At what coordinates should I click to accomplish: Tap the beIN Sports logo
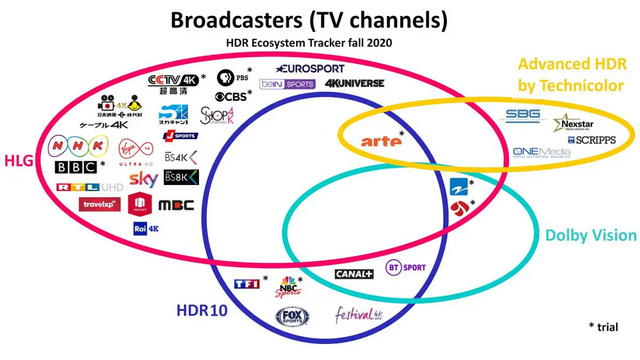(x=287, y=84)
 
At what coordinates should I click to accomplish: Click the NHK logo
(x=78, y=144)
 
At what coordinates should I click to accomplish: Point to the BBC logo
(x=76, y=167)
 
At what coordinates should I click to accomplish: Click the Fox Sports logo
(x=293, y=316)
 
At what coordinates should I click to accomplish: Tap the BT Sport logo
(x=406, y=268)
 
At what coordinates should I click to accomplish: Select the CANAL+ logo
(x=354, y=273)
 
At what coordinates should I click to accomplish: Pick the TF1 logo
(x=245, y=283)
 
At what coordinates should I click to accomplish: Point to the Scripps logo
(x=591, y=140)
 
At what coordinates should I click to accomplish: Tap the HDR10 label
(x=202, y=311)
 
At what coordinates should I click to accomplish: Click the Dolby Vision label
(x=591, y=235)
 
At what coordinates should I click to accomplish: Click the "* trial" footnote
(x=603, y=327)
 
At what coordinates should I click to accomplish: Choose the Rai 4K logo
(x=146, y=228)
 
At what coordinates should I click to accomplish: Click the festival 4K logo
(x=359, y=313)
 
